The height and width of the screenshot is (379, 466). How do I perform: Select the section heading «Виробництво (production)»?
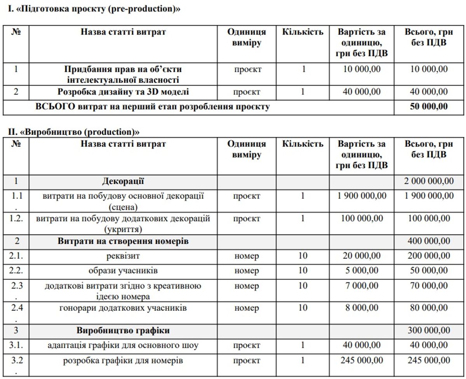pos(74,132)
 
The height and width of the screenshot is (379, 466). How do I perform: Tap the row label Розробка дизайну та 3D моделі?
pos(123,92)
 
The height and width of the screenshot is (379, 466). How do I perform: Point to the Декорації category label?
pos(123,181)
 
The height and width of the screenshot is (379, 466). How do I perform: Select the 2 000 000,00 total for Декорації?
pos(429,181)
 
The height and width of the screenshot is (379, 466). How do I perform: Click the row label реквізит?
pos(123,256)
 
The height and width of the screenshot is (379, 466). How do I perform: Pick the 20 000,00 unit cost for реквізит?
pos(362,256)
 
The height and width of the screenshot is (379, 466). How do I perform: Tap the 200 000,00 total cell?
pos(429,256)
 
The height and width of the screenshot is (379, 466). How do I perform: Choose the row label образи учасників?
pos(123,271)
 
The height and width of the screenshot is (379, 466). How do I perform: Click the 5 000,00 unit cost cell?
pos(362,271)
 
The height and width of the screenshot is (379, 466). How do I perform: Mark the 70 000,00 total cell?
pos(429,286)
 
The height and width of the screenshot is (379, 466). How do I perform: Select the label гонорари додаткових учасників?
pos(123,308)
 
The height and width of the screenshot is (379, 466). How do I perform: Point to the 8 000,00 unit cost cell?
pos(362,308)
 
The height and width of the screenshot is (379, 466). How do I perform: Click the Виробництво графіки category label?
pos(123,330)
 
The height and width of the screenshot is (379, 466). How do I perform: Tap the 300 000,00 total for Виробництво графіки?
pos(429,330)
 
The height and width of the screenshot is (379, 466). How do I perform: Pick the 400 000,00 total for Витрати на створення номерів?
pos(429,241)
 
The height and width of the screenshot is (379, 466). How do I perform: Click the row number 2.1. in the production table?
pos(16,256)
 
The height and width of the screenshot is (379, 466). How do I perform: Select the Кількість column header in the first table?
pos(303,32)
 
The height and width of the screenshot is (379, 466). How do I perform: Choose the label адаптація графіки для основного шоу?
pos(123,345)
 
